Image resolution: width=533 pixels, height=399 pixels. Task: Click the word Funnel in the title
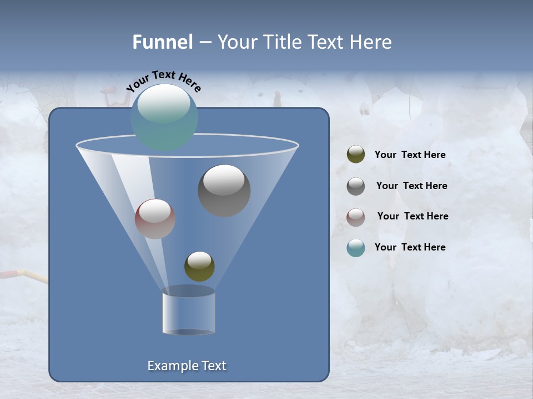tap(163, 42)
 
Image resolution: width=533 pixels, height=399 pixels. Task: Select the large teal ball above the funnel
tap(164, 117)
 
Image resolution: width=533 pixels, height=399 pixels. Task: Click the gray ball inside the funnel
tap(224, 191)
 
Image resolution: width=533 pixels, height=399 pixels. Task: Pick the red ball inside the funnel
tap(155, 219)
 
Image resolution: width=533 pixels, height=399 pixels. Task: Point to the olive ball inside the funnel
tap(199, 267)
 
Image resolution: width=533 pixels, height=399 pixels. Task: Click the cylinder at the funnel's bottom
tap(188, 312)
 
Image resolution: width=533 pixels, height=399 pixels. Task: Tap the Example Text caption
tap(187, 366)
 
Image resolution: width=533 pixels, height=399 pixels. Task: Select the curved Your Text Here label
tap(164, 81)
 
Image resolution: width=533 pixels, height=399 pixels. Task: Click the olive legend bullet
tap(356, 155)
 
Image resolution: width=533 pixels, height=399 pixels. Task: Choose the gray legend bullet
tap(356, 186)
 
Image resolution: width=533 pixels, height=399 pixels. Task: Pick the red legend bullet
tap(356, 217)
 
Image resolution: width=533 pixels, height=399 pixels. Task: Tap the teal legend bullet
tap(356, 248)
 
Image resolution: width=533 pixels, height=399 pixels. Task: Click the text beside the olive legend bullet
tap(410, 155)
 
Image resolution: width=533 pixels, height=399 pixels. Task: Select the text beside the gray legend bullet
tap(411, 186)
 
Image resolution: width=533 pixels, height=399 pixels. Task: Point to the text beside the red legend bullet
tap(413, 217)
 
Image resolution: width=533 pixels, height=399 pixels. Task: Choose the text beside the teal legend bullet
tap(410, 247)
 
